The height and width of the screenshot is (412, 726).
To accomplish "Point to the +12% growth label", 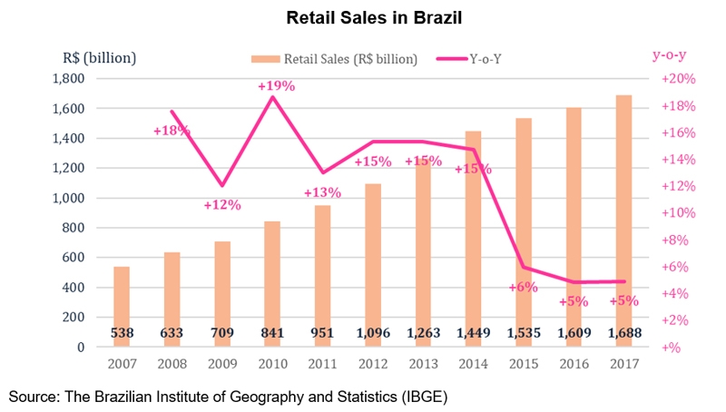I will [x=222, y=204].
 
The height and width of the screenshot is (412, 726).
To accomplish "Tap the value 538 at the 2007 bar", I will [x=122, y=333].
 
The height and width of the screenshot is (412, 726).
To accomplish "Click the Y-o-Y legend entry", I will [x=502, y=59].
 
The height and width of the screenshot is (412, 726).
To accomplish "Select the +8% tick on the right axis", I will [x=675, y=240].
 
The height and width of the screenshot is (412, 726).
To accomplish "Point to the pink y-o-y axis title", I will [x=671, y=54].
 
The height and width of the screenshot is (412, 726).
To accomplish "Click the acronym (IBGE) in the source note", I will [x=423, y=397].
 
